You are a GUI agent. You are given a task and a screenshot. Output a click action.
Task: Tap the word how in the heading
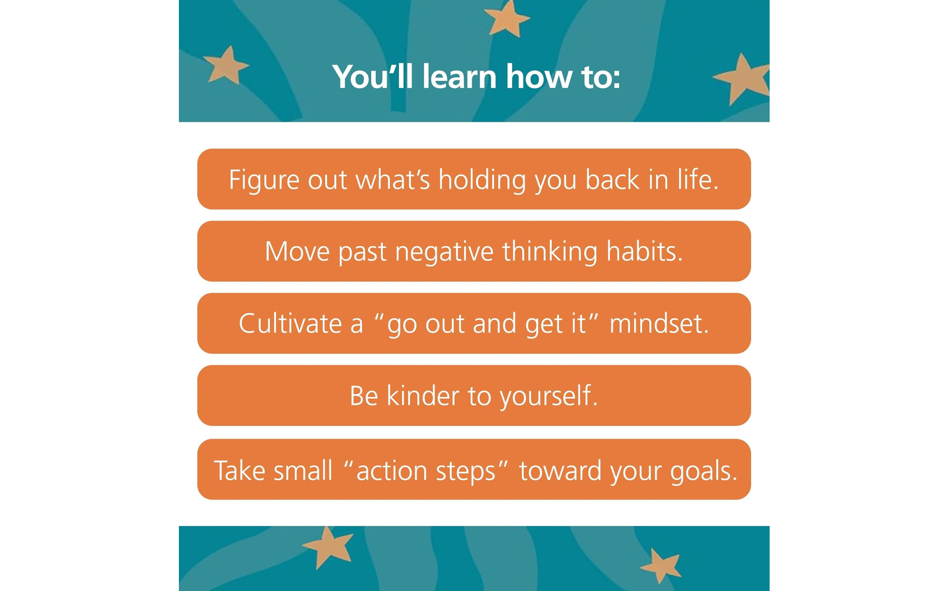click(x=539, y=76)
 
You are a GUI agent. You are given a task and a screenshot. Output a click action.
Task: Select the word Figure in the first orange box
click(x=264, y=180)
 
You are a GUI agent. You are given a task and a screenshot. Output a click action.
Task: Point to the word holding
click(x=482, y=180)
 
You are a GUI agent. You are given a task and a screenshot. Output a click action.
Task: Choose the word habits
click(x=644, y=251)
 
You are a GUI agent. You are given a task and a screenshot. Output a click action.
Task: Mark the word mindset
click(x=659, y=323)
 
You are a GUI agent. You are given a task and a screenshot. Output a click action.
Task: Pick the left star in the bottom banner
click(x=328, y=546)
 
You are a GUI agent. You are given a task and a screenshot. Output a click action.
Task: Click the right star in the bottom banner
click(x=661, y=565)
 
